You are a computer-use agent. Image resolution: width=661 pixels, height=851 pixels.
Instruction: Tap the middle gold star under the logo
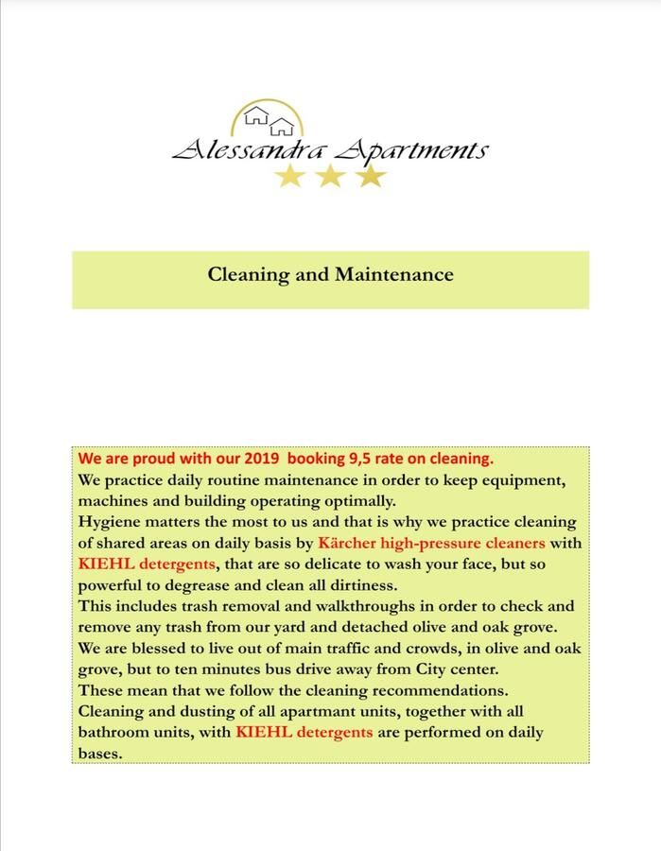(x=330, y=175)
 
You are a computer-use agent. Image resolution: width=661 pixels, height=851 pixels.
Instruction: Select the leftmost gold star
(x=289, y=175)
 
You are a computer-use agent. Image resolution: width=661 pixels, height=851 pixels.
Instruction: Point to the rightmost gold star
(x=371, y=175)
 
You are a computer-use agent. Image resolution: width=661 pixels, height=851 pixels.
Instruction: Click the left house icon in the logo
(x=256, y=117)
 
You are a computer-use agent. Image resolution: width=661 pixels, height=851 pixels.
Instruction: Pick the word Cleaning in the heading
(x=248, y=275)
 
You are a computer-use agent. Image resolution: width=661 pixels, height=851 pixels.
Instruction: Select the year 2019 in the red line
(x=260, y=459)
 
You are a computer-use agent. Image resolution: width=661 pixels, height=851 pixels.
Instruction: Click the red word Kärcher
(x=352, y=543)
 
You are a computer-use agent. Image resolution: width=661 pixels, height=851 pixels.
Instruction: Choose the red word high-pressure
(x=441, y=543)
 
